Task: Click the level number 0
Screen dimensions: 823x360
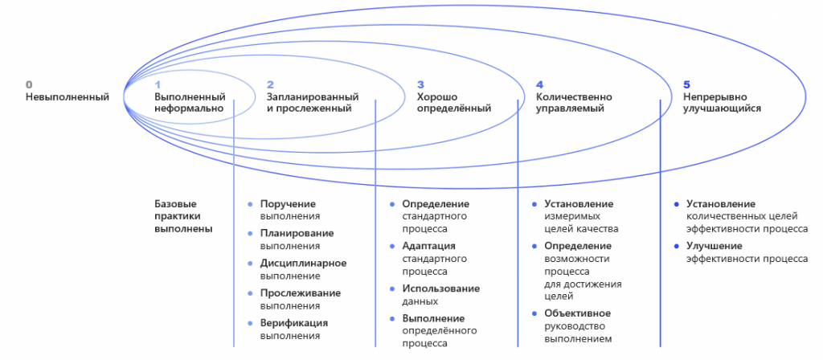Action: pos(29,84)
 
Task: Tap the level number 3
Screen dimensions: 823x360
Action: pos(420,84)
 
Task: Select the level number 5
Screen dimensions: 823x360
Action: pos(686,84)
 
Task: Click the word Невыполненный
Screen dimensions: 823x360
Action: pos(68,97)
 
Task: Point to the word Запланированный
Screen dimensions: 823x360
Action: pos(313,97)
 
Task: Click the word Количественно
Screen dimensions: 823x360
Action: pos(574,97)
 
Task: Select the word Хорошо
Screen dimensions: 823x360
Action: pos(437,97)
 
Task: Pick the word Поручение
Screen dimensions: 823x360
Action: pos(289,205)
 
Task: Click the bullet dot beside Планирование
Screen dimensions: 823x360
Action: pos(251,234)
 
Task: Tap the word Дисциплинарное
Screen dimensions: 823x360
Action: pos(304,264)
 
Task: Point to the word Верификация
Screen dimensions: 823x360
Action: pos(294,323)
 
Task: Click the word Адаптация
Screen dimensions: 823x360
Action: pos(429,246)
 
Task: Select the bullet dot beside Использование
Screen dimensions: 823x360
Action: pos(392,289)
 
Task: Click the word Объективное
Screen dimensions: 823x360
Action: pos(578,314)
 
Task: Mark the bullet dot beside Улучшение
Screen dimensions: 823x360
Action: pos(677,246)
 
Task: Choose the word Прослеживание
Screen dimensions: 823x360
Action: pos(301,293)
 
